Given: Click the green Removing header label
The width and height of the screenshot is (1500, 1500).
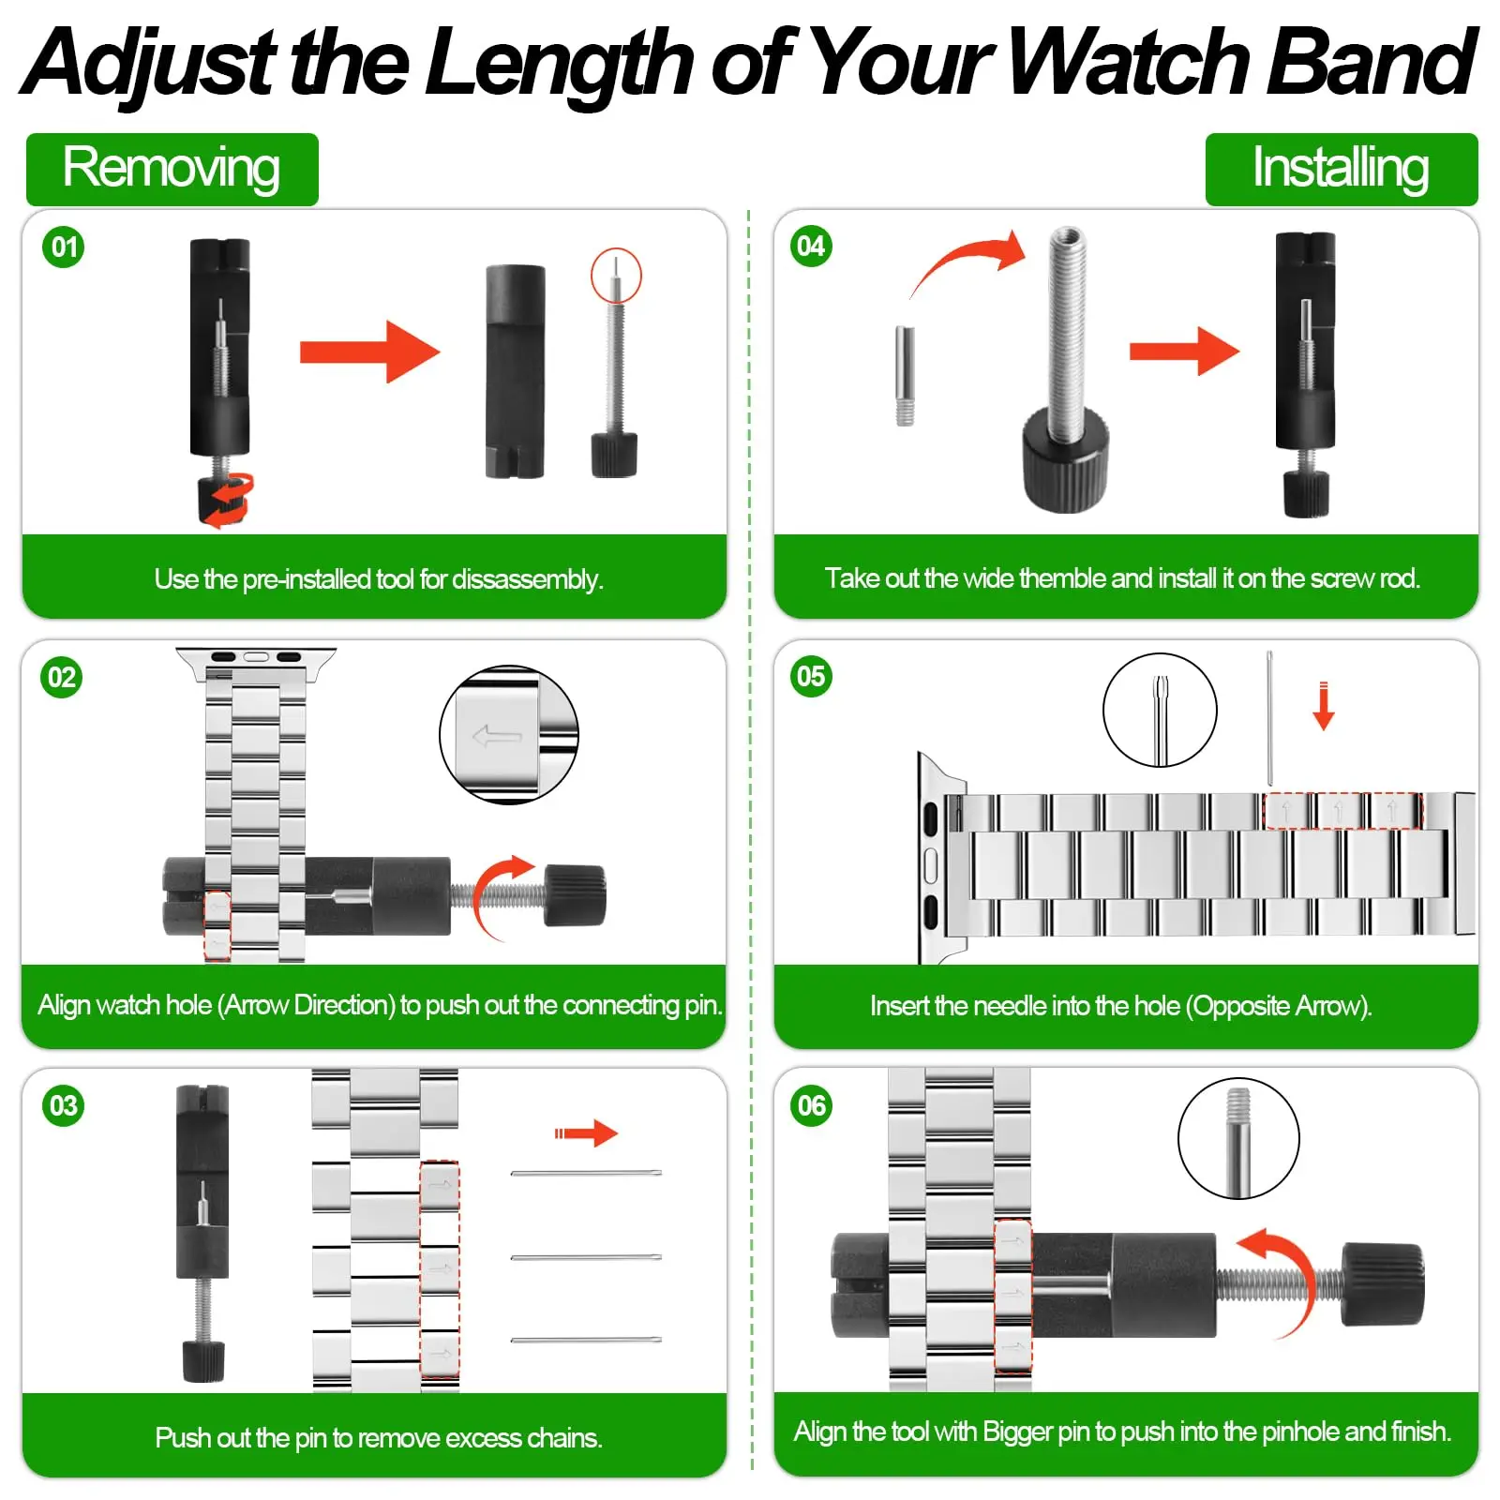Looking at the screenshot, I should coord(172,169).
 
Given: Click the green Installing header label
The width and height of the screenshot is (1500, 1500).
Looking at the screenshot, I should coord(1341,169).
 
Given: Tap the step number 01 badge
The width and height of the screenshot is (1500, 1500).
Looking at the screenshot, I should coord(63,247).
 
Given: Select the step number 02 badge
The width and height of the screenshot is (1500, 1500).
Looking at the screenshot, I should coord(62,677).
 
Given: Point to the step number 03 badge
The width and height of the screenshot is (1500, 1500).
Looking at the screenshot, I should coord(63,1106).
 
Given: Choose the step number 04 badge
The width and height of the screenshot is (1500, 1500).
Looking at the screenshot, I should coord(811,247).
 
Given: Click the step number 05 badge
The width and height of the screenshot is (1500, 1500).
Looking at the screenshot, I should coord(811,676).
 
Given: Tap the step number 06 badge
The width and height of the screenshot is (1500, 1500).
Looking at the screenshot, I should coord(811,1106).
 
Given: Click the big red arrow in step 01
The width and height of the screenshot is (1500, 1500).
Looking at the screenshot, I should coord(369,352).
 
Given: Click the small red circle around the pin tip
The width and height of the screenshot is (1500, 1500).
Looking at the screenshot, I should coord(616,276).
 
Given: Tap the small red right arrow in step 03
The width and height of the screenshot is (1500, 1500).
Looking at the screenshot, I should coord(586,1133).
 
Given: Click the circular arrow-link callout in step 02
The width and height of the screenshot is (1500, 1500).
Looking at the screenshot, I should coord(509,735).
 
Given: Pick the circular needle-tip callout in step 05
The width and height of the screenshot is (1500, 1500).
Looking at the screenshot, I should coord(1160,710).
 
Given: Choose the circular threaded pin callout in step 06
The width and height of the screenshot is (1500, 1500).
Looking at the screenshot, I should coord(1238,1138).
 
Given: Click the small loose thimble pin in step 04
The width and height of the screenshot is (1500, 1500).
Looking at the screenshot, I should coord(905,375).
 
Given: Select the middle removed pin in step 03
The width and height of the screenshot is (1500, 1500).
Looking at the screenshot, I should coord(586,1257).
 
